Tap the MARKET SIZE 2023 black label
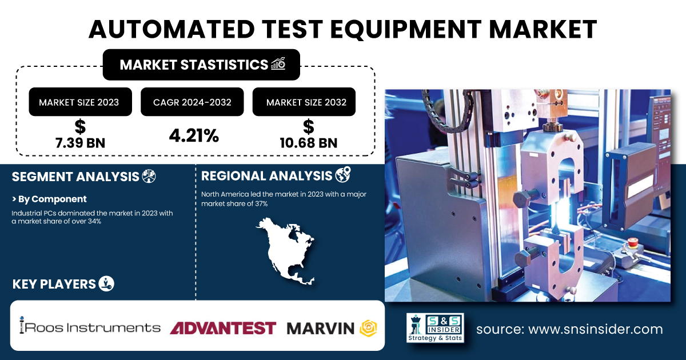tap(80, 102)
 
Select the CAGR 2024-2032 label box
tap(192, 102)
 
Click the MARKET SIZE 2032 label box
tap(304, 102)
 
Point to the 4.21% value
tap(194, 135)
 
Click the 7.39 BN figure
tap(80, 143)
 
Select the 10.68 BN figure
tap(308, 143)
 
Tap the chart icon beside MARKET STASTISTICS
tap(278, 64)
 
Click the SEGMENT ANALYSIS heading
tap(75, 177)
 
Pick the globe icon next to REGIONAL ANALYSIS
tap(343, 174)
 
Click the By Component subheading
tap(49, 199)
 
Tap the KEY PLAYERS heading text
tap(54, 284)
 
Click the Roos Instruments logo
tap(90, 326)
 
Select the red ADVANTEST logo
tap(223, 328)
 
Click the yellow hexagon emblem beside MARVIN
tap(368, 328)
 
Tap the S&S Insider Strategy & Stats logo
tap(435, 327)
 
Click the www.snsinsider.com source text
tap(596, 329)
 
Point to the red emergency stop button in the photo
tap(632, 242)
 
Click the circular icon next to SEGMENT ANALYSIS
tap(149, 177)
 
